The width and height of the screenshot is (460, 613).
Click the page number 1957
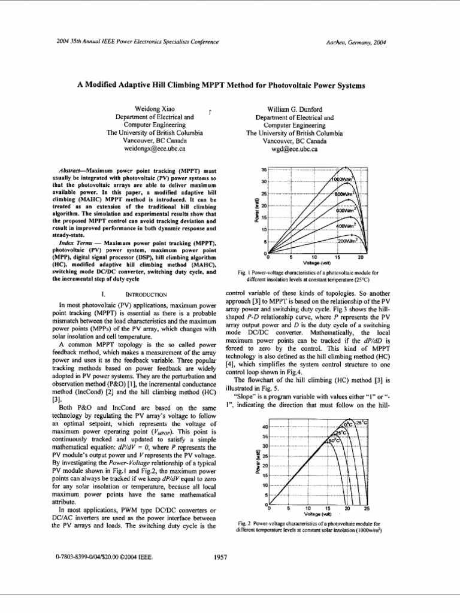pos(221,557)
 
